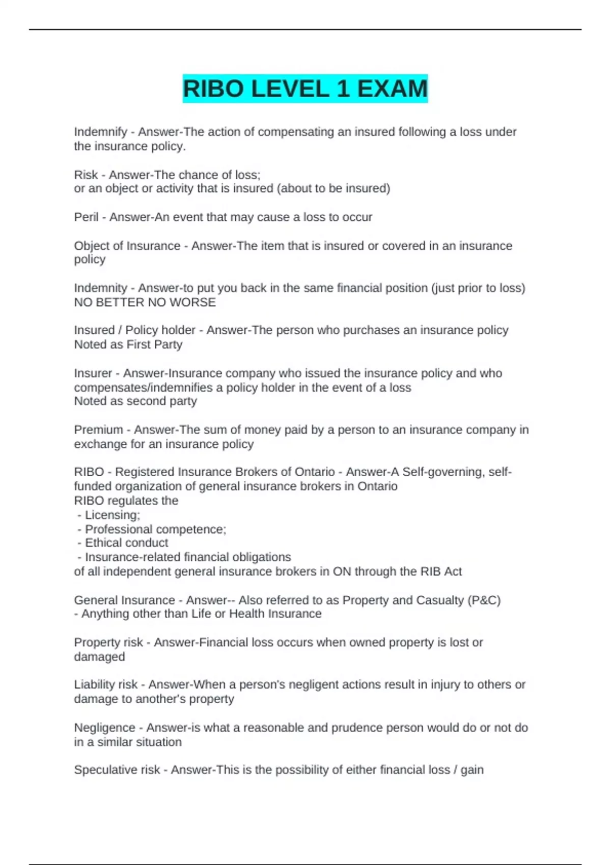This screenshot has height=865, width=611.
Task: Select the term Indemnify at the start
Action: [x=101, y=132]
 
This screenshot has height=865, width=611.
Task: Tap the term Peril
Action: [x=86, y=217]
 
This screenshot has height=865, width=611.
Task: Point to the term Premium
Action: [x=98, y=430]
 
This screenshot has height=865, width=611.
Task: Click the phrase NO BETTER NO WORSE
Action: [x=145, y=302]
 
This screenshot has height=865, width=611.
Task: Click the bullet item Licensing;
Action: [x=112, y=515]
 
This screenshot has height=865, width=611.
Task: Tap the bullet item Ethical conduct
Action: [x=126, y=543]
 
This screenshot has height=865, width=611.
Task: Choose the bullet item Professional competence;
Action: [x=155, y=529]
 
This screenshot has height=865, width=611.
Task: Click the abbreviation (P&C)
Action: [x=484, y=600]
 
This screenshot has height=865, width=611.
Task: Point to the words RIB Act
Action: [x=441, y=571]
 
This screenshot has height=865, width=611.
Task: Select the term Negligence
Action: [x=104, y=728]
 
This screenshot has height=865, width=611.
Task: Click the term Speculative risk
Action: [x=117, y=770]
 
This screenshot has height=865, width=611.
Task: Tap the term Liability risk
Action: [x=106, y=685]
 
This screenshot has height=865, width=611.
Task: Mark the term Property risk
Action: [x=108, y=643]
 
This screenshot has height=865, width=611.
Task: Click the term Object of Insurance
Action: [x=127, y=246]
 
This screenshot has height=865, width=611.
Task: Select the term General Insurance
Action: [x=124, y=600]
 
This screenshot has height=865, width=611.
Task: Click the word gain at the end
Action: [x=472, y=770]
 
